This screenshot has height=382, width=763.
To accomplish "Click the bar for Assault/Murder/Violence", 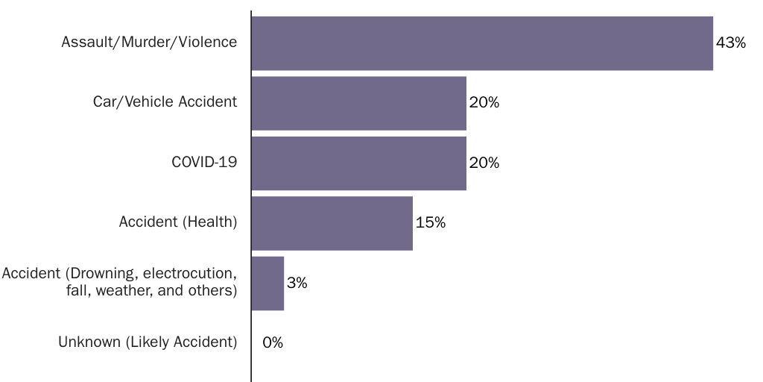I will [482, 43].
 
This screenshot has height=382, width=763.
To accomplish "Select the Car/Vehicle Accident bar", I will [358, 103].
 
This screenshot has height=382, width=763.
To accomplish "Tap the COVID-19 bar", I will [358, 163].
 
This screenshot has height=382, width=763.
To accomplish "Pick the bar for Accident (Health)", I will [332, 223].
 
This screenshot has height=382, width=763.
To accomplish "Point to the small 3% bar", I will [267, 284].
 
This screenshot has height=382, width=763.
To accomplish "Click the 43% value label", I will [730, 43].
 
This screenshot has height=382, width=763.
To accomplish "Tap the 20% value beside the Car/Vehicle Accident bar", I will [484, 103].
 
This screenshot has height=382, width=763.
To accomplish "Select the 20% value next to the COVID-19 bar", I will [484, 163].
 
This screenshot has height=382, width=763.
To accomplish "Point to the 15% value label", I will [431, 223].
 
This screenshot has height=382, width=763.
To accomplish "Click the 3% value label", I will [297, 284].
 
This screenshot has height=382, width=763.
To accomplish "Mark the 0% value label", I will [273, 343].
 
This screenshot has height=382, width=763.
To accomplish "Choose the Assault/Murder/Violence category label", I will [149, 43].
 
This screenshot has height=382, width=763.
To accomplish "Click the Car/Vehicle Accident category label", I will [165, 102].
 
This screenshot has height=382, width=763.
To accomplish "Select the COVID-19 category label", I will [204, 162].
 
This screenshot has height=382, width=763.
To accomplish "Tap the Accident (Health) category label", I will [178, 222].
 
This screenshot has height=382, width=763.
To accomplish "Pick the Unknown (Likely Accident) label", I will [148, 342].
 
